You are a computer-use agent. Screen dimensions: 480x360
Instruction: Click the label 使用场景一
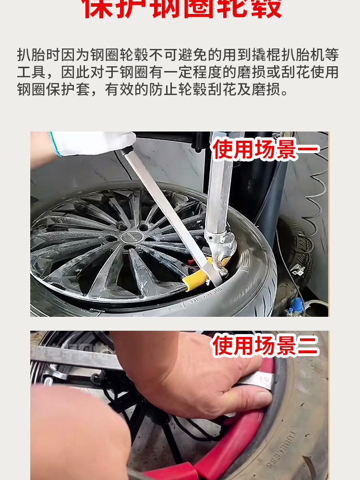point(265,149)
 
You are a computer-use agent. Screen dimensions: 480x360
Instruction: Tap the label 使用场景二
point(265,346)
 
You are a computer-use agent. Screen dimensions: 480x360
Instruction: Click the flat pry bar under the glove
point(168,211)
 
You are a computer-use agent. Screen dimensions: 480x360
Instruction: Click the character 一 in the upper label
point(307,149)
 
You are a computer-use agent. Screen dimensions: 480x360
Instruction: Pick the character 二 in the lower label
point(307,346)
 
